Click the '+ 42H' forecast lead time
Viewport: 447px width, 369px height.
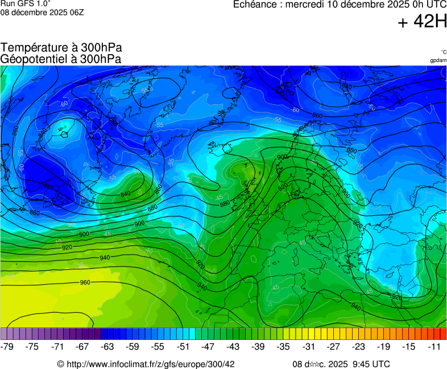tap(422, 22)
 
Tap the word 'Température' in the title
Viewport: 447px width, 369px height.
tap(33, 48)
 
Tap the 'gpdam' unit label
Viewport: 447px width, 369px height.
tap(438, 60)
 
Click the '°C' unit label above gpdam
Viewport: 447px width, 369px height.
tap(443, 52)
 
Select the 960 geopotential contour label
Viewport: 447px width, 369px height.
tap(85, 282)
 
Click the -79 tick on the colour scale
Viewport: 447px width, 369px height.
tap(7, 346)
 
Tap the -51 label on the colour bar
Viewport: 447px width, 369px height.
tap(183, 346)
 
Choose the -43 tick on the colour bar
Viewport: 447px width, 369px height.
tap(233, 346)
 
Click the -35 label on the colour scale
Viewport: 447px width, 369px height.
tap(283, 346)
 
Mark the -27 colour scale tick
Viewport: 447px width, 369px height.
tap(333, 346)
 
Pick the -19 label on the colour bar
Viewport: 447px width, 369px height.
tap(383, 346)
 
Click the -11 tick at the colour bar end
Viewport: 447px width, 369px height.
tap(433, 346)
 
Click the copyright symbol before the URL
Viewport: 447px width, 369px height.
tap(61, 364)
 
